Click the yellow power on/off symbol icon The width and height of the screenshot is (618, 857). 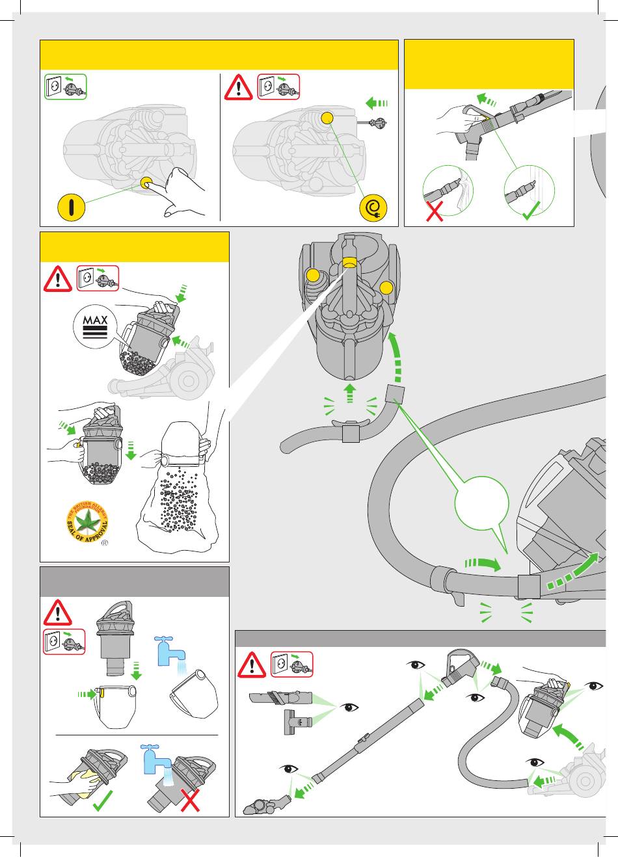(x=72, y=207)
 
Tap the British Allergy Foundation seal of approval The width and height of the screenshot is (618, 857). (x=87, y=523)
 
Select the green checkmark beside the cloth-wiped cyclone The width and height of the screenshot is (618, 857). (x=103, y=803)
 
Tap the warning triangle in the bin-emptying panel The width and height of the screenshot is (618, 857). (x=57, y=279)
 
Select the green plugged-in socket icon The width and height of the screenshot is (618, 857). (x=66, y=86)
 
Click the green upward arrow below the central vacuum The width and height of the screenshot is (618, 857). (x=350, y=393)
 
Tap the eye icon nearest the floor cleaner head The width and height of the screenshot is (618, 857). (x=288, y=769)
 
